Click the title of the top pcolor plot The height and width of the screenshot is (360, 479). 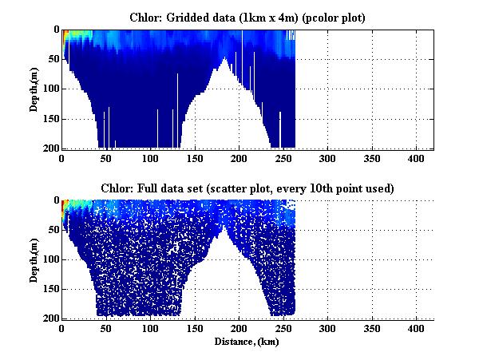pyautogui.click(x=247, y=17)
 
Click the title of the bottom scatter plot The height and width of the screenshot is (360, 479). pyautogui.click(x=247, y=188)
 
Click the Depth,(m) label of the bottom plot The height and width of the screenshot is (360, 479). pyautogui.click(x=35, y=259)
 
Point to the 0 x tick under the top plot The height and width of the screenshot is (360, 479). pyautogui.click(x=62, y=158)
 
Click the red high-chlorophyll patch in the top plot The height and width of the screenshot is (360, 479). pyautogui.click(x=65, y=33)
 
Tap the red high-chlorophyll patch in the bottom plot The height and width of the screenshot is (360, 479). pyautogui.click(x=65, y=203)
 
